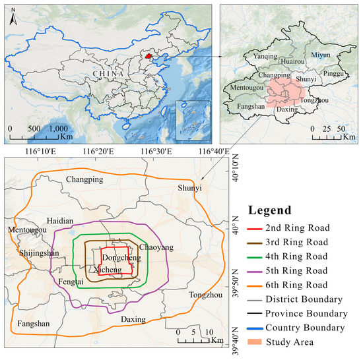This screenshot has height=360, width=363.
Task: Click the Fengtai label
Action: click(x=71, y=282)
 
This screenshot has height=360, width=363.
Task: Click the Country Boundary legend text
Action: click(x=305, y=328)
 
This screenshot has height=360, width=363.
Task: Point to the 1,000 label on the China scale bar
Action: click(x=57, y=129)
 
